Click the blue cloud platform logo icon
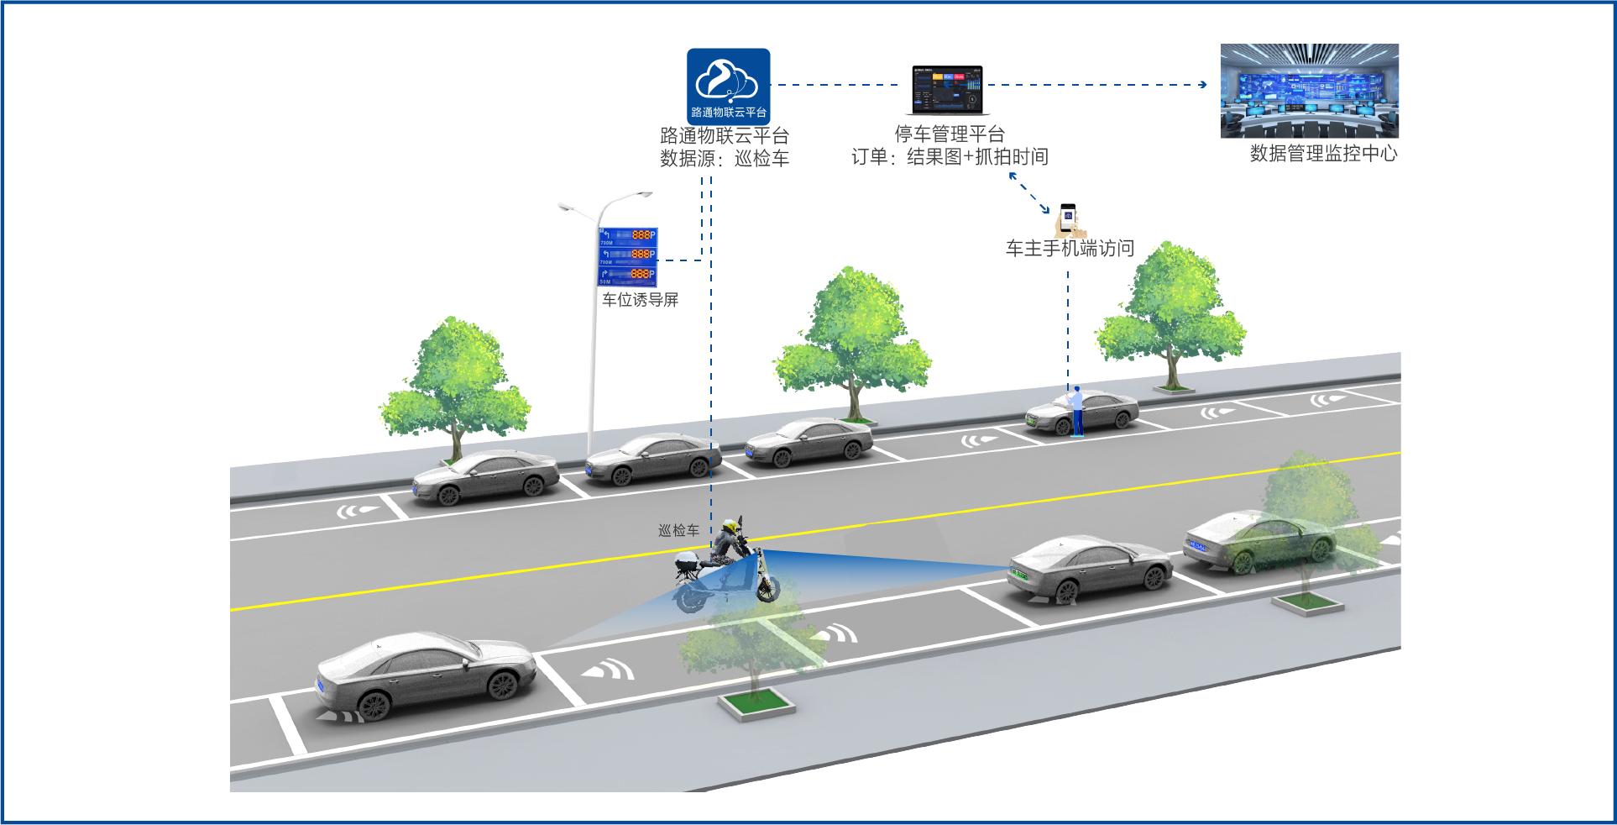728,86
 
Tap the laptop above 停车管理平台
947,90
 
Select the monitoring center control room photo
1309,91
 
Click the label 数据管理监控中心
1323,154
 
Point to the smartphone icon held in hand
1067,218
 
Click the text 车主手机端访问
1070,249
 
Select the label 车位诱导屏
640,300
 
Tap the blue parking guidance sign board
627,255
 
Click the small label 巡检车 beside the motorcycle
678,530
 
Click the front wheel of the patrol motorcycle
767,589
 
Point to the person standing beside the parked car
1076,411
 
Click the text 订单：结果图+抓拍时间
950,157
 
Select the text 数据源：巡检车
724,159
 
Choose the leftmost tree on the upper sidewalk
455,386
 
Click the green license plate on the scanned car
1018,575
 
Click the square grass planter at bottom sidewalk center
756,705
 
